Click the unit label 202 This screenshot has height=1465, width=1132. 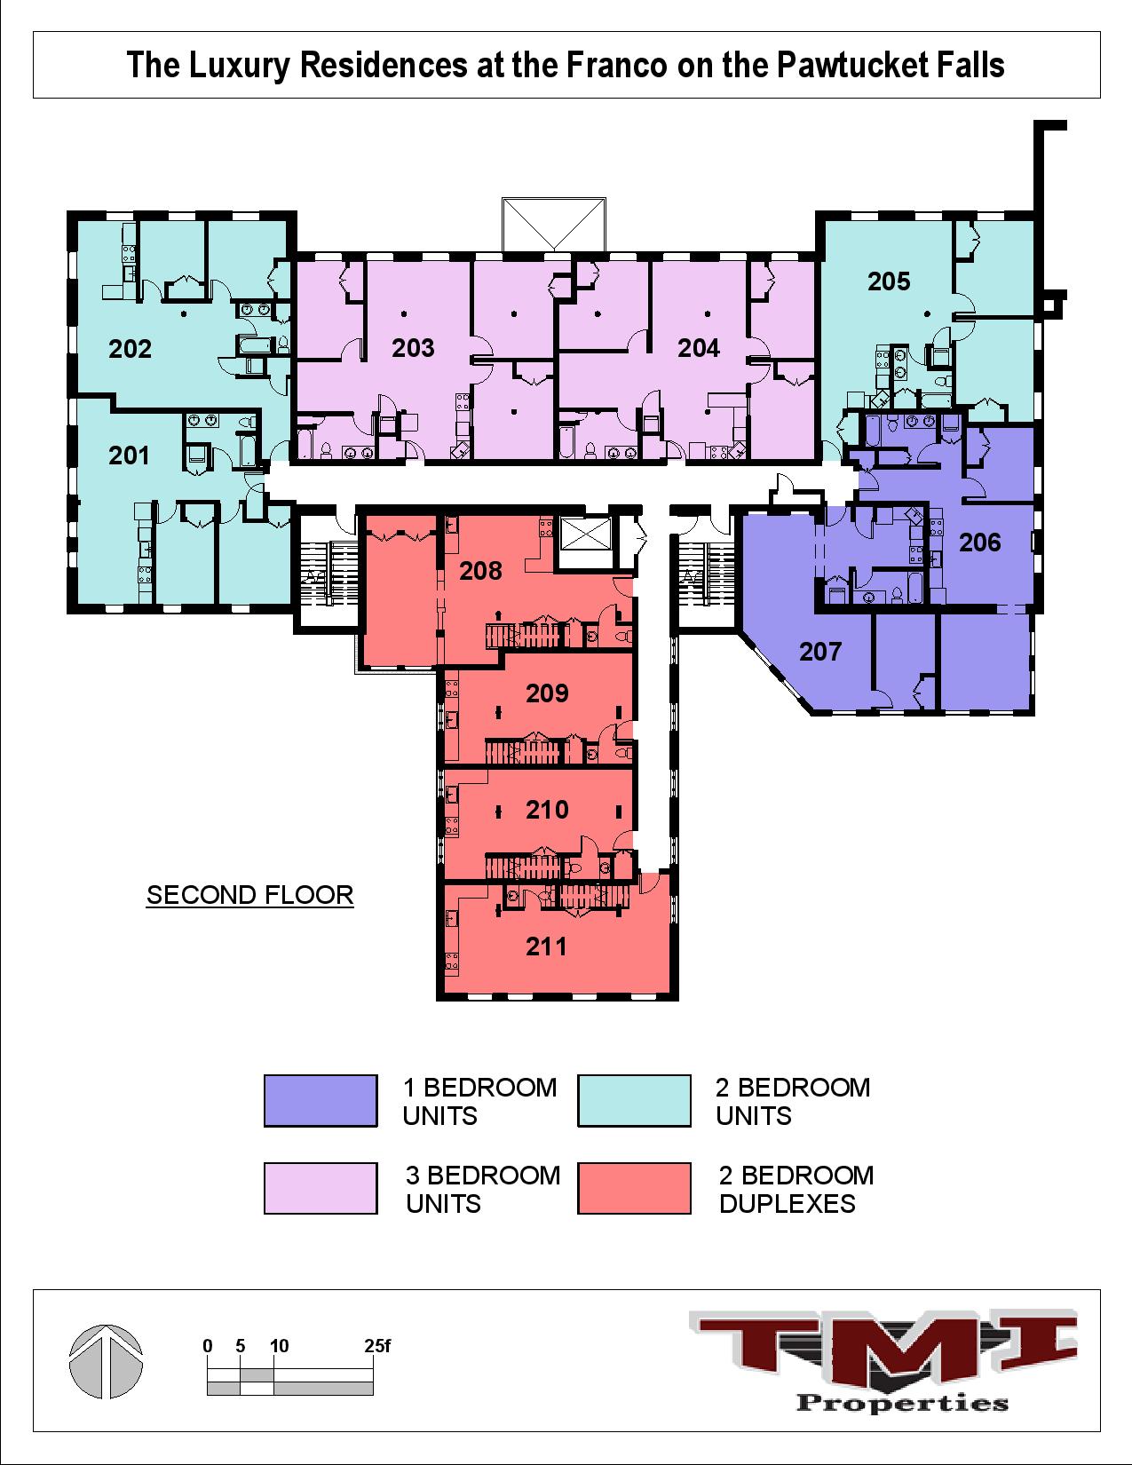pyautogui.click(x=131, y=349)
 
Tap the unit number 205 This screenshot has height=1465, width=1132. pyautogui.click(x=889, y=281)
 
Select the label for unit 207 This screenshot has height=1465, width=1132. pyautogui.click(x=819, y=652)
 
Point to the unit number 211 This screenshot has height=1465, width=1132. pyautogui.click(x=546, y=946)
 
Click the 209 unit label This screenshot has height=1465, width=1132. pyautogui.click(x=546, y=693)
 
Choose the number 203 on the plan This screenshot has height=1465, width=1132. pyautogui.click(x=413, y=348)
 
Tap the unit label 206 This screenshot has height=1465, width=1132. pyautogui.click(x=979, y=542)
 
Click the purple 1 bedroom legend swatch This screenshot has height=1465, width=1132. pyautogui.click(x=321, y=1101)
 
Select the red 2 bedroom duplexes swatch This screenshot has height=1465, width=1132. pyautogui.click(x=634, y=1188)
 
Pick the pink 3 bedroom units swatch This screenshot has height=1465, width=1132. pyautogui.click(x=321, y=1188)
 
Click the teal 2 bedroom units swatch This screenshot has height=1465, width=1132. pyautogui.click(x=634, y=1101)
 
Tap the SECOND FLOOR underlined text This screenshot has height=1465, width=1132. pyautogui.click(x=249, y=895)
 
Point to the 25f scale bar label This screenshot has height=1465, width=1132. pyautogui.click(x=377, y=1346)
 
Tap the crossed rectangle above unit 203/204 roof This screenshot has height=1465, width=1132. pyautogui.click(x=553, y=224)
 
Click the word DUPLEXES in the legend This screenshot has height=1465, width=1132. pyautogui.click(x=787, y=1204)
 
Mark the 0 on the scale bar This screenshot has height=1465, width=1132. pyautogui.click(x=208, y=1346)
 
